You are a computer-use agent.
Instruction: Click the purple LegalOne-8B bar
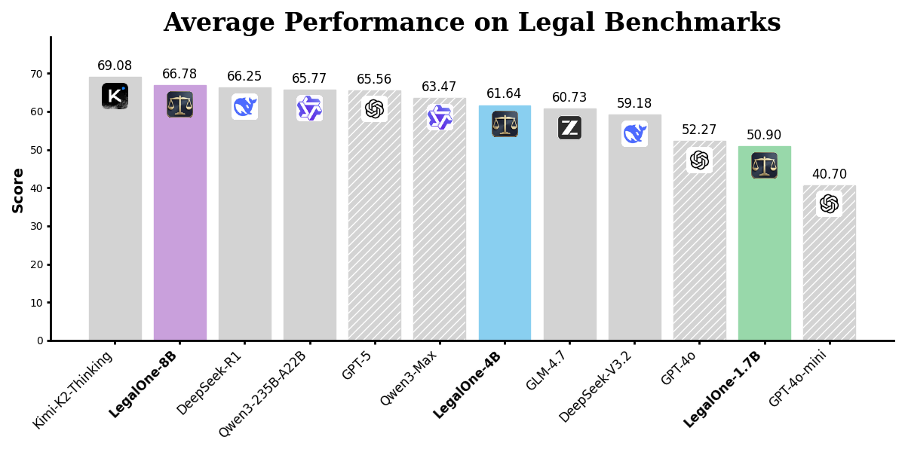point(179,226)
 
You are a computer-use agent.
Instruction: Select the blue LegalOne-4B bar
point(505,241)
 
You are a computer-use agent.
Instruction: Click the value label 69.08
point(115,66)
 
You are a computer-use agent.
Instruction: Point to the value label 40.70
point(829,175)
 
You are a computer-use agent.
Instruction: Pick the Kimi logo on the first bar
point(115,96)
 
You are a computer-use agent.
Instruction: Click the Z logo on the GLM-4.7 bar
point(569,127)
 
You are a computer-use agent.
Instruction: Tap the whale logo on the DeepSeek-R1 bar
point(244,106)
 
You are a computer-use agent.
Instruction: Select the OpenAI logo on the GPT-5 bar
point(374,109)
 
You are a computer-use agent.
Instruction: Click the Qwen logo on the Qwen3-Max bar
point(440,117)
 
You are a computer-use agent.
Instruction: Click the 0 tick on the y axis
point(40,341)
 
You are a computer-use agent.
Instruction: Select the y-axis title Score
point(18,190)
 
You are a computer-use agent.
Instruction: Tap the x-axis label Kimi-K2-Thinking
point(73,389)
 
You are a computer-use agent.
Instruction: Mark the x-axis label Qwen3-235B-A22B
point(262,393)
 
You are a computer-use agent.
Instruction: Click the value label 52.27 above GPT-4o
point(699,130)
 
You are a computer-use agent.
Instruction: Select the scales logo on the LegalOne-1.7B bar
point(764,165)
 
